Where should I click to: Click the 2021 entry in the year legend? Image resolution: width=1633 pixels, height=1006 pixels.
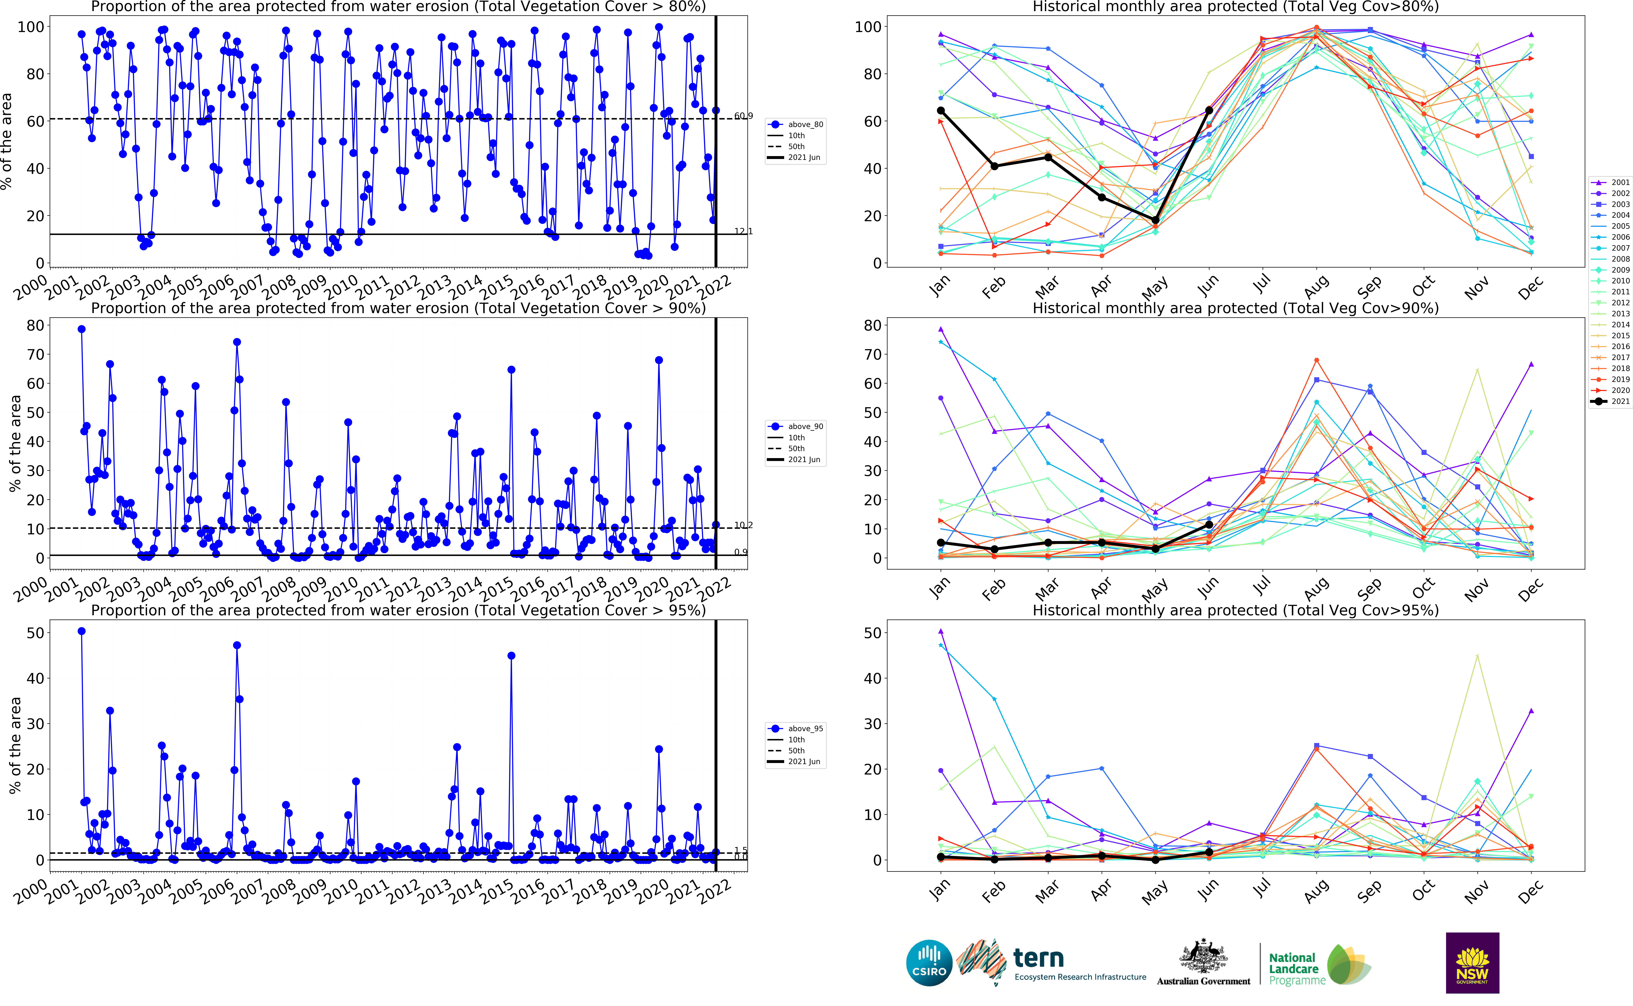pyautogui.click(x=1610, y=401)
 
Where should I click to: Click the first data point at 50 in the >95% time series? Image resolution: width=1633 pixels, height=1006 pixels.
pyautogui.click(x=81, y=631)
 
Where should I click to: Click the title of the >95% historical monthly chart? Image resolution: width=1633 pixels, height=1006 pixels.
pyautogui.click(x=1235, y=610)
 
